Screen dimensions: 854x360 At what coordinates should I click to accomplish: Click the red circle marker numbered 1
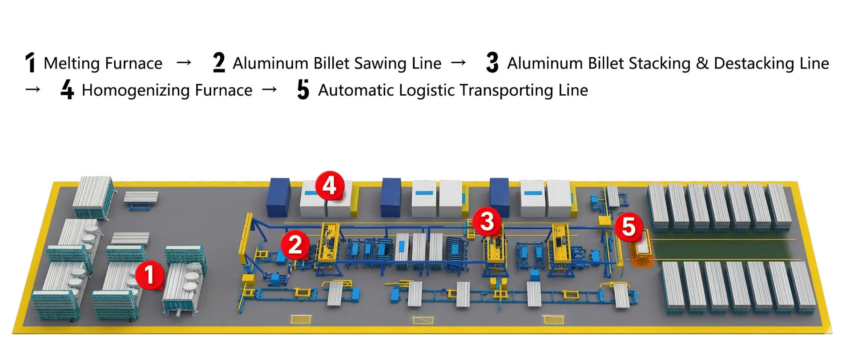point(149,275)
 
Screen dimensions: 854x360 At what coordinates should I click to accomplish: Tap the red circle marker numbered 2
point(295,244)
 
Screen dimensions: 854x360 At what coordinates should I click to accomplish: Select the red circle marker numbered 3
point(487,221)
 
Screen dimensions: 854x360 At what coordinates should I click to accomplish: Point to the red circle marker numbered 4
point(330,185)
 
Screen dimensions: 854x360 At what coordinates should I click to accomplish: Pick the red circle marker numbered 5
point(628,227)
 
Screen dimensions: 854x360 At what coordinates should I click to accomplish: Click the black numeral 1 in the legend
point(30,63)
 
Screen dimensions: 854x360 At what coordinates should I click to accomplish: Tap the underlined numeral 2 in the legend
point(219,62)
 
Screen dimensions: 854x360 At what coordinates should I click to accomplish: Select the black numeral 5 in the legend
point(303,89)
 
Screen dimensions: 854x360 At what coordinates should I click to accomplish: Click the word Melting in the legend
point(72,64)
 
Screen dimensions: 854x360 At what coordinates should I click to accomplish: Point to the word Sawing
point(381,64)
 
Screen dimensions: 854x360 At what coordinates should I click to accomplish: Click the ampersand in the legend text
point(702,63)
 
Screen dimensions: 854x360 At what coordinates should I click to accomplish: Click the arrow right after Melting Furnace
point(184,63)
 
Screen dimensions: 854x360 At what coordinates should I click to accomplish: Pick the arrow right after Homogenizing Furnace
point(270,90)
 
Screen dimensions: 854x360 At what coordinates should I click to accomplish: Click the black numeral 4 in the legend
point(67,89)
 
